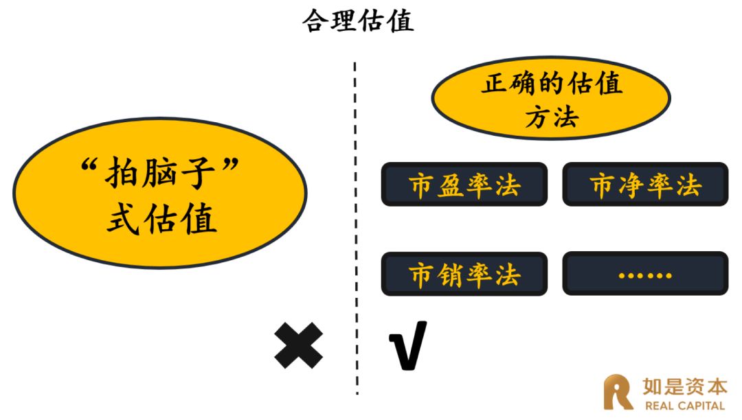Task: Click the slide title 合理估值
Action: click(x=358, y=21)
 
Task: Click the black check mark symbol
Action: click(x=407, y=345)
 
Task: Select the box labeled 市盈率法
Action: click(x=464, y=185)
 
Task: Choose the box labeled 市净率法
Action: click(x=645, y=185)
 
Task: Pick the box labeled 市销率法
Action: click(x=464, y=275)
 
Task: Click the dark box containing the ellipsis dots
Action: click(x=645, y=275)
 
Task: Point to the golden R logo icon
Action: click(x=618, y=392)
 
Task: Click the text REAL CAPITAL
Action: click(x=684, y=406)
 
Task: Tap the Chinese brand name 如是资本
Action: click(x=684, y=386)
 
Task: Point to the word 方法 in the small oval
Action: click(x=551, y=117)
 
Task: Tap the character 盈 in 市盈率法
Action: click(x=451, y=185)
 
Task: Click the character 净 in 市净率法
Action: click(x=632, y=185)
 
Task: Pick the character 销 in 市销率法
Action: click(x=451, y=275)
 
